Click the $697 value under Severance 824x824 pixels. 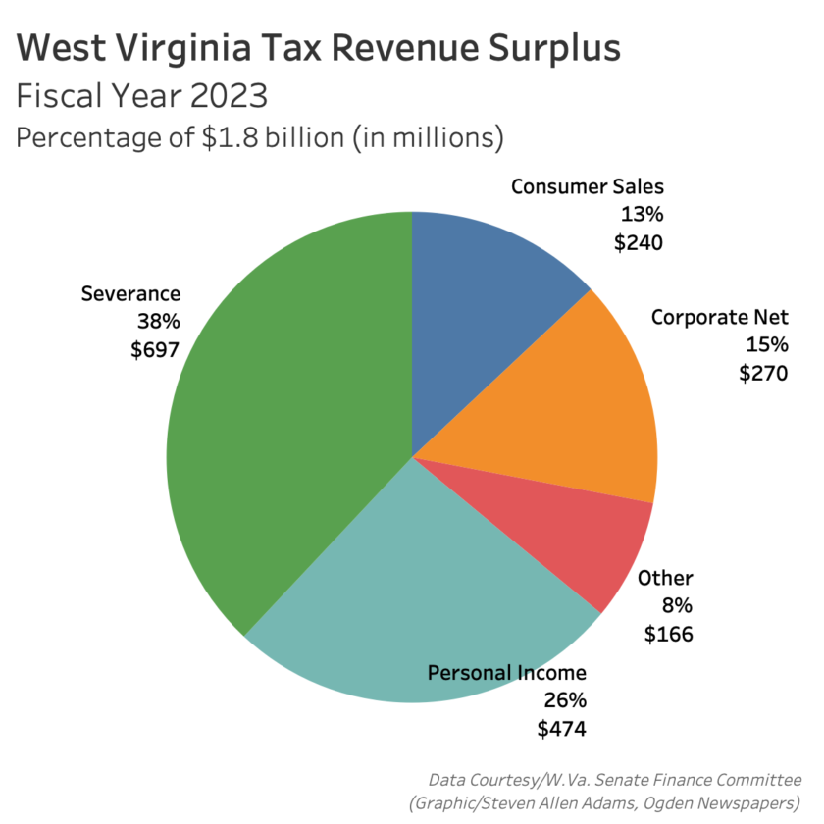pos(154,350)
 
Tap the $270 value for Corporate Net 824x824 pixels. pos(763,373)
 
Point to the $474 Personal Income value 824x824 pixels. pos(561,729)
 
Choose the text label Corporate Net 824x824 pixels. pos(720,317)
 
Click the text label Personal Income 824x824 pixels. pos(506,673)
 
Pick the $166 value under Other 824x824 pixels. pos(668,634)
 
